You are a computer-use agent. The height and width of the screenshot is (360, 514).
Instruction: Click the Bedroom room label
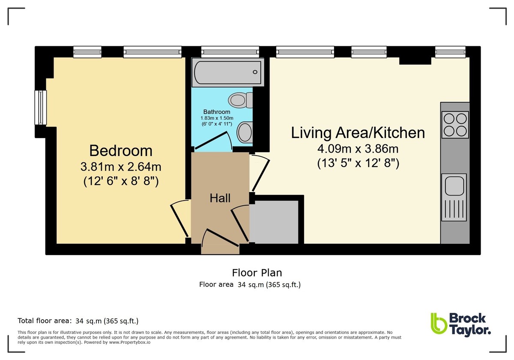coord(121,151)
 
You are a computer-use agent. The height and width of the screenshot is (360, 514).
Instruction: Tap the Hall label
coord(220,198)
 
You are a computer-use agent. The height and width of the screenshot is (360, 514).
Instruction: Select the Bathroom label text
coord(217,112)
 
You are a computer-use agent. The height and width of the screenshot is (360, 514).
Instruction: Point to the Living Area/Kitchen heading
coord(358,133)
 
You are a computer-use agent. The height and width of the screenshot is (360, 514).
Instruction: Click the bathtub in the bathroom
coord(227,72)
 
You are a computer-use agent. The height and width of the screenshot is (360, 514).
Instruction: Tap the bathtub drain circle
coord(255,72)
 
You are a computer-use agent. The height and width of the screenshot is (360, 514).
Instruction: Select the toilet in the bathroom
coord(240,100)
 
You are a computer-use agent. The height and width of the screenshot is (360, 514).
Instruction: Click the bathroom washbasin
coord(245,132)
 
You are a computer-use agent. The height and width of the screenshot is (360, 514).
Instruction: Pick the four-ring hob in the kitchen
coord(455,125)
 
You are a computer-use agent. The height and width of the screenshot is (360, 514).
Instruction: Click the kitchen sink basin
coord(454,186)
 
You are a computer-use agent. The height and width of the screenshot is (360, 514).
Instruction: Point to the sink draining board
coord(454,209)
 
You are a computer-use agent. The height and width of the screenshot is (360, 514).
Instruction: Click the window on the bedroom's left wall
coord(41,108)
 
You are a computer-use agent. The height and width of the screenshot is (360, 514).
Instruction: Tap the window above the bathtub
coord(230,52)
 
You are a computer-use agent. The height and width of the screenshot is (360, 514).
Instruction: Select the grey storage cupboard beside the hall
coord(274,222)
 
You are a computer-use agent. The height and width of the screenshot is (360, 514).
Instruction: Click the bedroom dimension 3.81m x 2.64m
coord(121,167)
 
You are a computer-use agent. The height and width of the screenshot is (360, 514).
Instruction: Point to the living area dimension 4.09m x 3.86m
coord(358,149)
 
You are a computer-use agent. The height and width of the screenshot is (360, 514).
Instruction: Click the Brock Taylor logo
coord(461,325)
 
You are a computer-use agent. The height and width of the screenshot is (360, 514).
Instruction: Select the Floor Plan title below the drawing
coord(257,273)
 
